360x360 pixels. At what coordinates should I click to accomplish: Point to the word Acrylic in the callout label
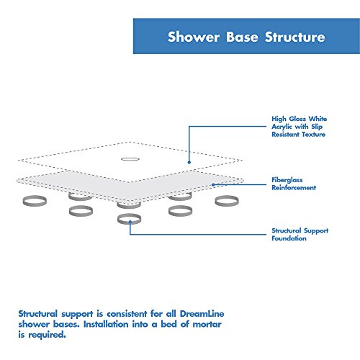coord(284,126)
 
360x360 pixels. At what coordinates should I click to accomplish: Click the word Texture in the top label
coord(305,135)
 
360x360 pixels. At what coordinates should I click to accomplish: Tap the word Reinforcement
coord(293,187)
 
